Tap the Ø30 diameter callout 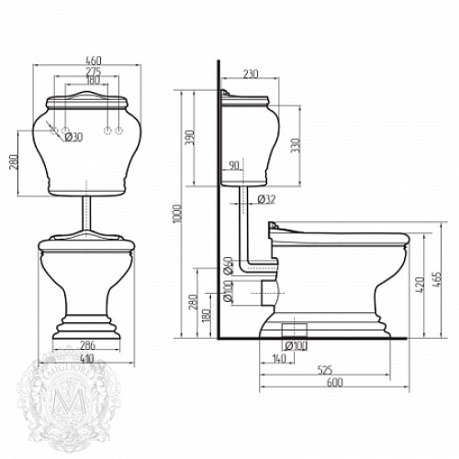pos(73,137)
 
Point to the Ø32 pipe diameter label pos(267,199)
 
